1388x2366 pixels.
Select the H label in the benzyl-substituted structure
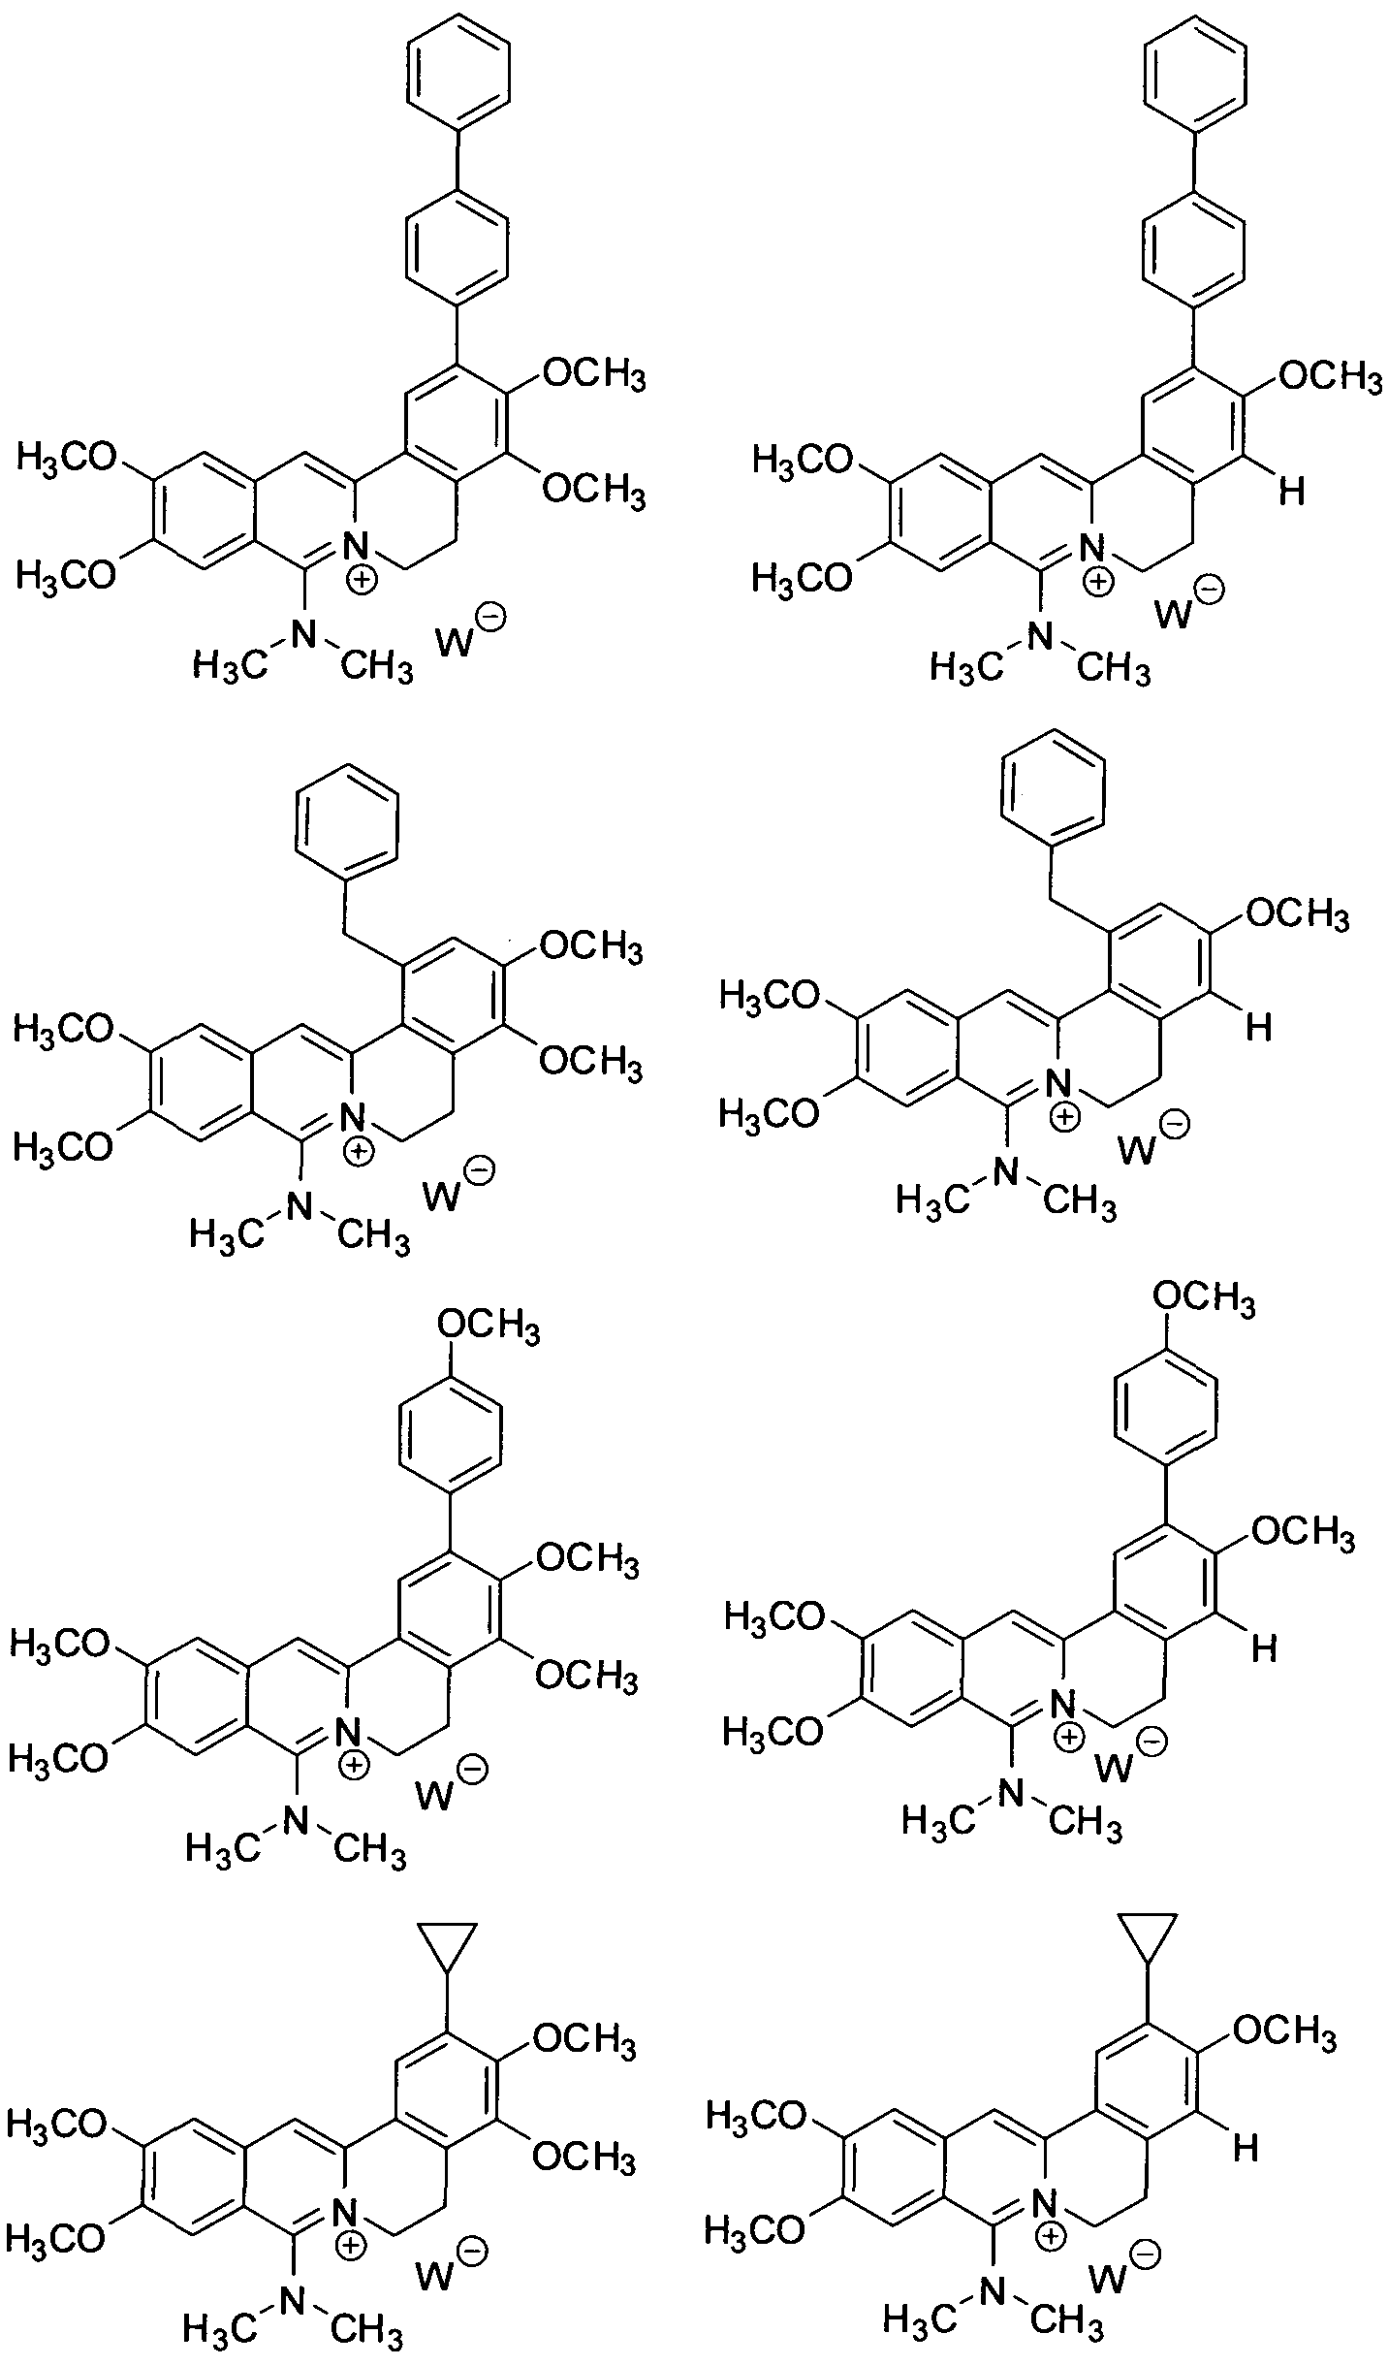point(1258,1028)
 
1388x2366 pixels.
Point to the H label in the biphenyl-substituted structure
point(1289,492)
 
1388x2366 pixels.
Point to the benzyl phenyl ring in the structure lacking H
point(348,822)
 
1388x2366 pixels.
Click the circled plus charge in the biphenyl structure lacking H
point(362,581)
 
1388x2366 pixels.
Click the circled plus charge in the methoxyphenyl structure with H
point(1070,1737)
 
